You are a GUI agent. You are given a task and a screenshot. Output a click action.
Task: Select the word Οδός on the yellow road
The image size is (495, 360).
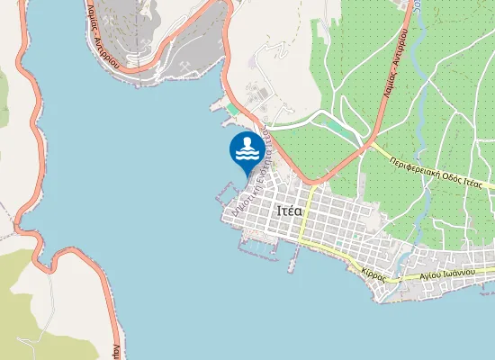click(457, 175)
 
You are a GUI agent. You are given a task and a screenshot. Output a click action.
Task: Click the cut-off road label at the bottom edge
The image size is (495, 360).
click(116, 349)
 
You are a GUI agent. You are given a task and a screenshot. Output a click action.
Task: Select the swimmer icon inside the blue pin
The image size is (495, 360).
click(247, 148)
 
